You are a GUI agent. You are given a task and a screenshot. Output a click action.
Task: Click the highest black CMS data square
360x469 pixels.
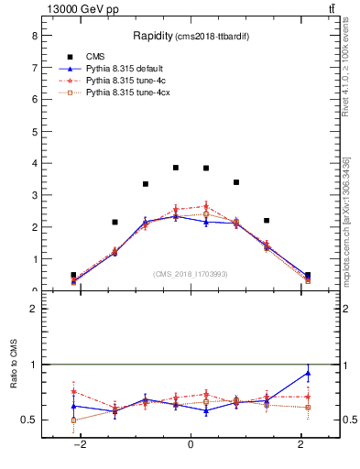click(176, 168)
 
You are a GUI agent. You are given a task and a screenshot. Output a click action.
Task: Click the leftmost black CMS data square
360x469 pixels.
click(73, 275)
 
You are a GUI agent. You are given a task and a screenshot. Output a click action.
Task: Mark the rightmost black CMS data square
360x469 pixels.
click(308, 275)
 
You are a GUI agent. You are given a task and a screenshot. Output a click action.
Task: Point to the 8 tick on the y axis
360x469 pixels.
click(34, 36)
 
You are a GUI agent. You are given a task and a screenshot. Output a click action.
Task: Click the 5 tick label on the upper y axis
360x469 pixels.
click(34, 131)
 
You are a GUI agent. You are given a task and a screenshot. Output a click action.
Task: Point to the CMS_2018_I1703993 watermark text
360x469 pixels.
click(191, 274)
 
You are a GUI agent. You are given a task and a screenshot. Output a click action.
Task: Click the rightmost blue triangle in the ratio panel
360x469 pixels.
click(308, 373)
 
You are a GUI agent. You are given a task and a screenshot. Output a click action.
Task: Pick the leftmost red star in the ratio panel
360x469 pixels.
click(73, 391)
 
